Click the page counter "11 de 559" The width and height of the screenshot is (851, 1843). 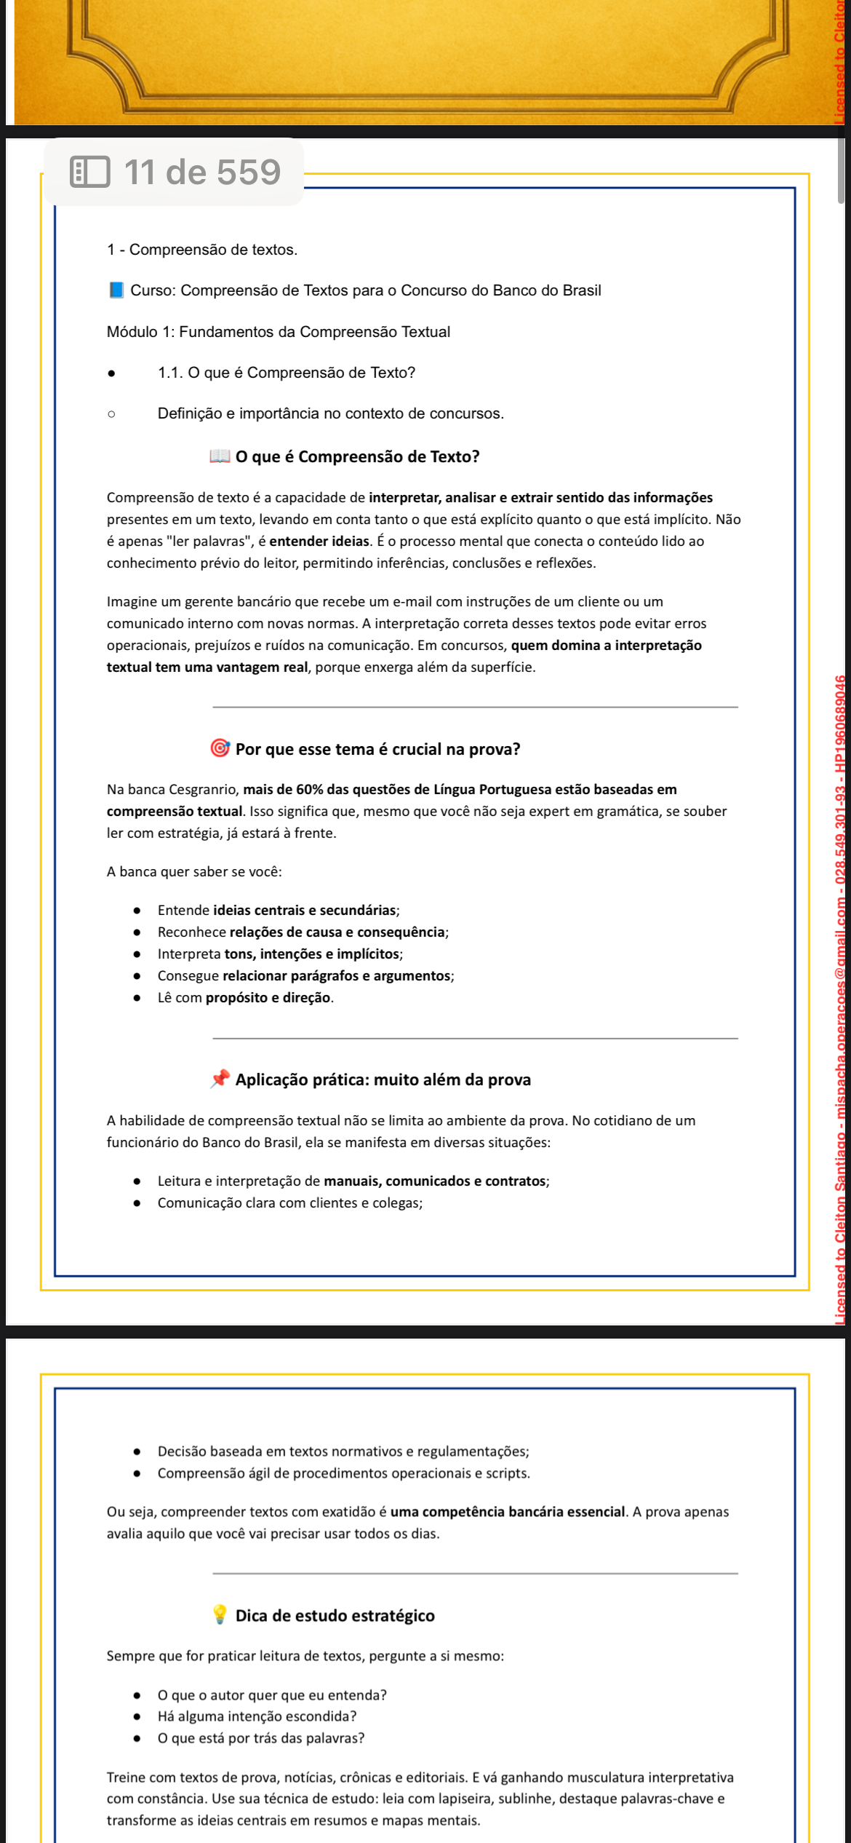202,173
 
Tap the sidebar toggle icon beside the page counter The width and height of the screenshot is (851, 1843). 90,173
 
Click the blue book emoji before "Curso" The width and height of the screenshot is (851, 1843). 116,290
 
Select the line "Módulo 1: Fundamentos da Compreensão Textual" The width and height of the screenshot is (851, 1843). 279,332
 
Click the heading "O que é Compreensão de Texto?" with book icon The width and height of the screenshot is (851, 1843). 357,457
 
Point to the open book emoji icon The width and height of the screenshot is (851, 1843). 220,456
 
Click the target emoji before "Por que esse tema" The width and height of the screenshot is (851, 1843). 220,748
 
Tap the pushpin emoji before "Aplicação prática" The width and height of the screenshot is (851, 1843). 220,1079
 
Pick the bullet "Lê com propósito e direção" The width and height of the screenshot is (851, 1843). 245,998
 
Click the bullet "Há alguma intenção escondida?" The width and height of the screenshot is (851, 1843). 257,1716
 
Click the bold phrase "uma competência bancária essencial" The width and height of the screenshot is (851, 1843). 508,1512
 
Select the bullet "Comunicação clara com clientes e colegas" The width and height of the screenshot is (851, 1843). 289,1203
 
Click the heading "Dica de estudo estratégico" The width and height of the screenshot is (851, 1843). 335,1616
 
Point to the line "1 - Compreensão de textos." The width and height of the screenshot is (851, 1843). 202,250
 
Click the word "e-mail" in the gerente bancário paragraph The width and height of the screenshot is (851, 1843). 413,602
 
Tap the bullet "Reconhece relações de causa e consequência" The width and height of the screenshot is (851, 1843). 303,932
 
